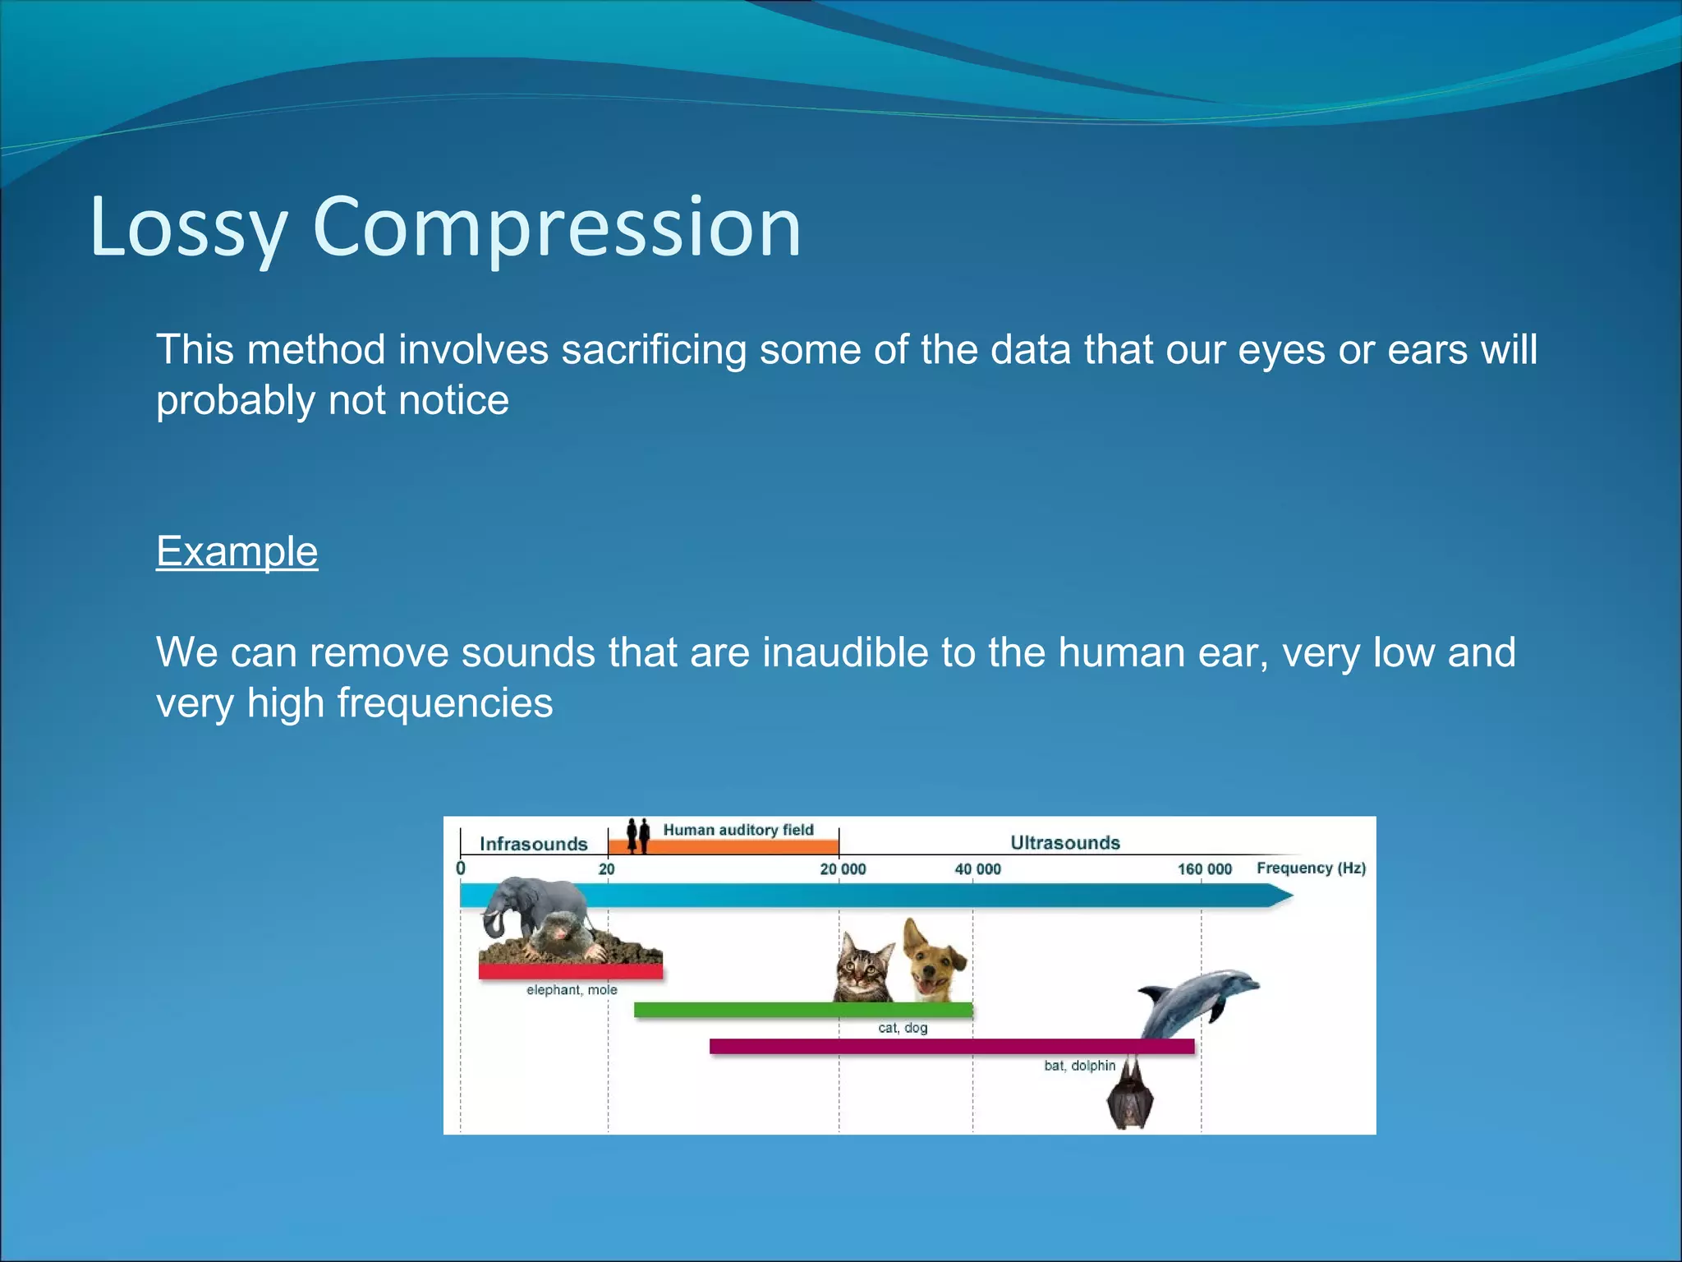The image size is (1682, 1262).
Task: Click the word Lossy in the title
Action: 187,228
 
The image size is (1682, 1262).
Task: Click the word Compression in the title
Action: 556,228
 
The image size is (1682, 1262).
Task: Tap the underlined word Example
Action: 237,551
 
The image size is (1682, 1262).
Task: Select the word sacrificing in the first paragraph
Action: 653,350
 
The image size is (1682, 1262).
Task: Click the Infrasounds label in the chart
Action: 533,844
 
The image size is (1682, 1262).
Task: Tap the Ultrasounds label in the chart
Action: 1064,843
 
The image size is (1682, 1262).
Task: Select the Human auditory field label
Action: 738,830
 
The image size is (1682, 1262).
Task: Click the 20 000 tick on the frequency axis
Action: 843,869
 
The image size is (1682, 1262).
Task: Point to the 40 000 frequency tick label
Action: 977,869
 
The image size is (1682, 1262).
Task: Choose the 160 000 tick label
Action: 1204,869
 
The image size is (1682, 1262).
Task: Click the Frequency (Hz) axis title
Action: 1311,868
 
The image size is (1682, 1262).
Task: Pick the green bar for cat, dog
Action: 802,1010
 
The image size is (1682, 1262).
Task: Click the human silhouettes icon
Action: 637,835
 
